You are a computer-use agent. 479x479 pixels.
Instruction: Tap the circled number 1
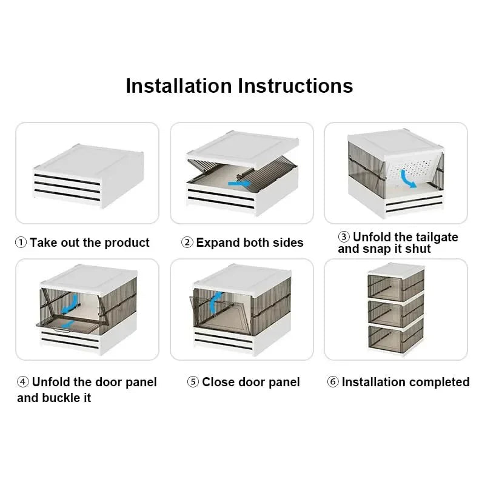coord(21,243)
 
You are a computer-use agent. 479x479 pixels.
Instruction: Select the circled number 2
coord(187,243)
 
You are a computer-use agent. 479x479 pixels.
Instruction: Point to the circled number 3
coord(344,237)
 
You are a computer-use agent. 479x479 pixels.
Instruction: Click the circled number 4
coord(23,382)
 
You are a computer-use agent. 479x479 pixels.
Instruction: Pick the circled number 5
coord(193,382)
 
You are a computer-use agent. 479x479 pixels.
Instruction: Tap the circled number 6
coord(333,382)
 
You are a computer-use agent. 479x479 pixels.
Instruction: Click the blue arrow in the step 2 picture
coord(237,183)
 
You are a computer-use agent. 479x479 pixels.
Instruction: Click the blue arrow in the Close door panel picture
coord(213,303)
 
